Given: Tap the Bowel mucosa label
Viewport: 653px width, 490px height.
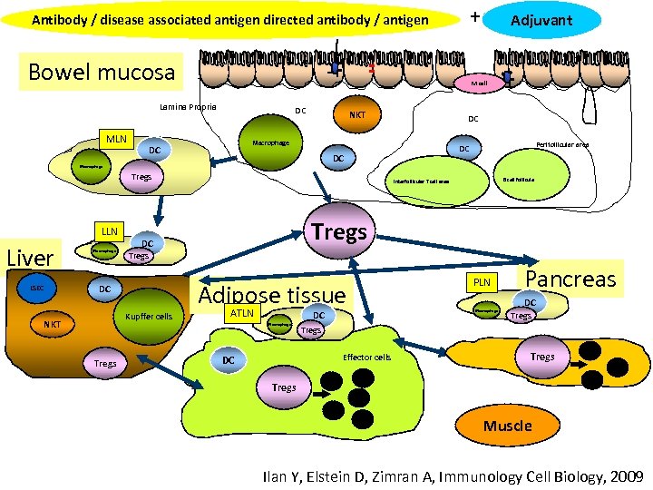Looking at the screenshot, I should click(102, 72).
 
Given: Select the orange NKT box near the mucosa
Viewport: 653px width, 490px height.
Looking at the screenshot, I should click(357, 115).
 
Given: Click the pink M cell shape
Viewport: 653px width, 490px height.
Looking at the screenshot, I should click(479, 83).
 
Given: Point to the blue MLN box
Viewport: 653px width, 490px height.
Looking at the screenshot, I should click(116, 140).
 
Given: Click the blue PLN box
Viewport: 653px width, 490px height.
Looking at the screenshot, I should click(482, 282).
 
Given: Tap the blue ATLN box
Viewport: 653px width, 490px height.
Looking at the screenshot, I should click(242, 313).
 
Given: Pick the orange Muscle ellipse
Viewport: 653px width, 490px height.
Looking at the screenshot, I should click(507, 426).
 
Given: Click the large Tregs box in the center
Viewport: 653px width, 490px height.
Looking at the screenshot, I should click(339, 233).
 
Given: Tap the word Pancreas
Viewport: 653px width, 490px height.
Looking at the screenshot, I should click(570, 278).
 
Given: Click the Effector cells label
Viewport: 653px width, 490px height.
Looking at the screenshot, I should click(367, 358).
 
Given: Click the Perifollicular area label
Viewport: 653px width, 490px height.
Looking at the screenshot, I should click(562, 144).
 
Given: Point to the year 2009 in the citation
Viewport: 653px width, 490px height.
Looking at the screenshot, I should click(626, 475).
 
